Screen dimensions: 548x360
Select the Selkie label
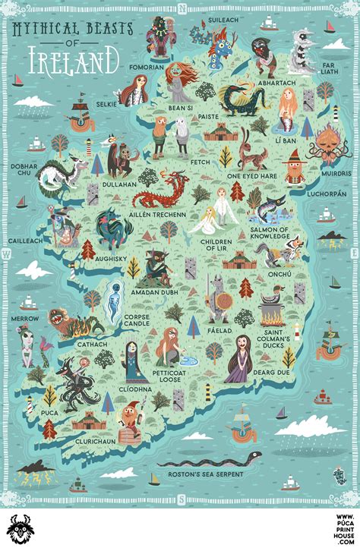click(x=106, y=102)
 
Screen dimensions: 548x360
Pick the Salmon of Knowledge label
click(x=270, y=233)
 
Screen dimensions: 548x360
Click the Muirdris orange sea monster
click(x=327, y=141)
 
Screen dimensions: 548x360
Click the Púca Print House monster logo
click(x=21, y=528)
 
